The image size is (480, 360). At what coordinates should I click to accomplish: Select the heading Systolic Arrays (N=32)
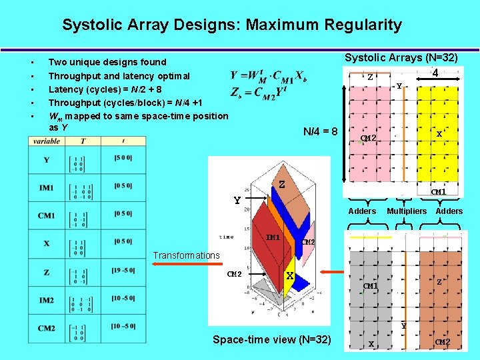[x=401, y=58]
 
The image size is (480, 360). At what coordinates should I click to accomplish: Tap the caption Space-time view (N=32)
[x=271, y=340]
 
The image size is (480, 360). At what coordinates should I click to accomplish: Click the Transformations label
[x=186, y=255]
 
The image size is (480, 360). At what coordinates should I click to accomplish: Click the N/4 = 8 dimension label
[x=320, y=131]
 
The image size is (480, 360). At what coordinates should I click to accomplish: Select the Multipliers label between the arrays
[x=407, y=211]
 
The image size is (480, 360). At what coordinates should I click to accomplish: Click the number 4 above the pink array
[x=434, y=73]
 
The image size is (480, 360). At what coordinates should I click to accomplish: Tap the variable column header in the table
[x=46, y=141]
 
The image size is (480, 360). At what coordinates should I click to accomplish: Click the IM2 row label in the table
[x=46, y=300]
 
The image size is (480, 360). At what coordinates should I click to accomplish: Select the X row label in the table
[x=46, y=243]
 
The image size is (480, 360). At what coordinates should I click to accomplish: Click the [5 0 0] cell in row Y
[x=123, y=158]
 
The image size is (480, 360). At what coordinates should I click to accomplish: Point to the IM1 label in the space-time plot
[x=273, y=237]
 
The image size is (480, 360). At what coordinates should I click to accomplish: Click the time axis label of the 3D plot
[x=225, y=237]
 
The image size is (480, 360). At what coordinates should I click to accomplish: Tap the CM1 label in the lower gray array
[x=370, y=286]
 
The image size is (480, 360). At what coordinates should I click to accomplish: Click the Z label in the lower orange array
[x=438, y=282]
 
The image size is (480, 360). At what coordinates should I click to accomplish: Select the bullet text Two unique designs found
[x=107, y=62]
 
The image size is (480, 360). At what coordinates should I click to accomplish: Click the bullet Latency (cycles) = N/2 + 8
[x=104, y=89]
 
